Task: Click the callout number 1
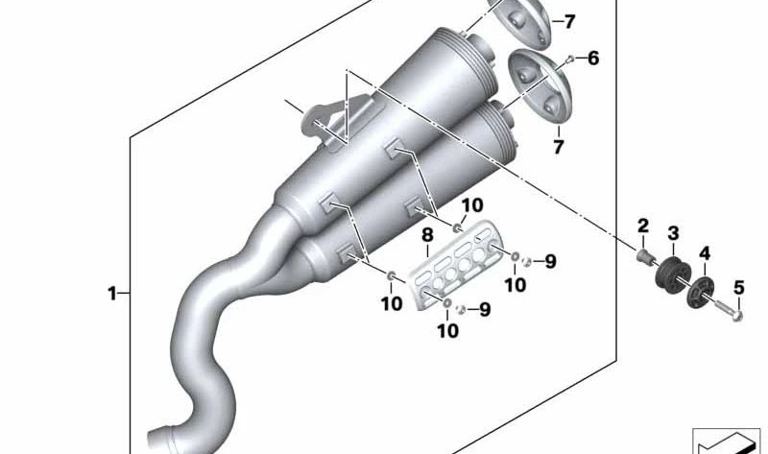[x=112, y=294]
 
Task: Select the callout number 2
[x=642, y=226]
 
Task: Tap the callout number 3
[x=674, y=233]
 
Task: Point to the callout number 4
[x=705, y=253]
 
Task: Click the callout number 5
[x=738, y=288]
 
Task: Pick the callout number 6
[x=593, y=59]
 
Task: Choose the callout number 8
[x=427, y=235]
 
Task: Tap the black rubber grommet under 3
[x=673, y=273]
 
